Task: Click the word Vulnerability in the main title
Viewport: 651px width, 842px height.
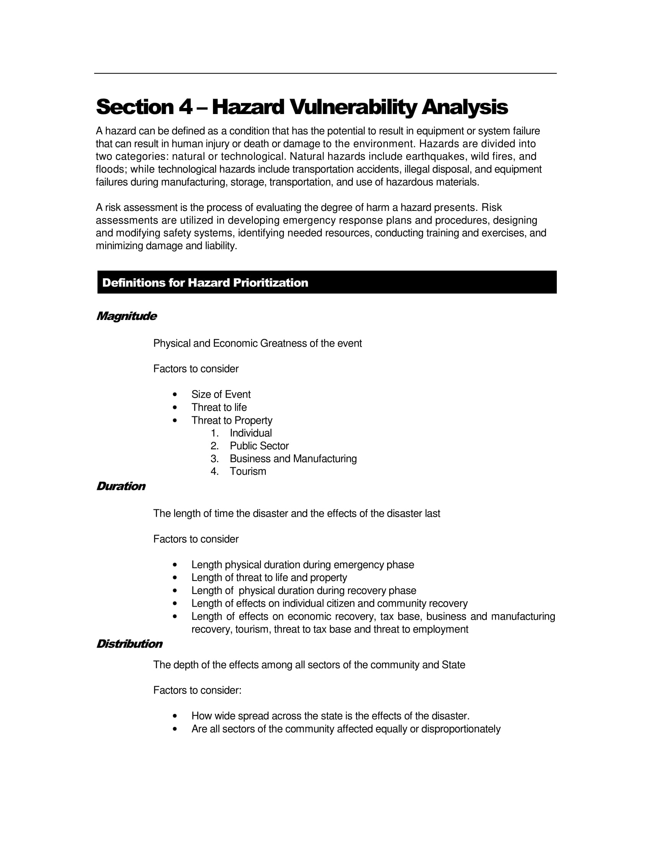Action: (x=353, y=107)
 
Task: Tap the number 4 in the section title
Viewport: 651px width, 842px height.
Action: (x=185, y=107)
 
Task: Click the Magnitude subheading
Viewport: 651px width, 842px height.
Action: (x=126, y=316)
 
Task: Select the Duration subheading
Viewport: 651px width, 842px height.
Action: (x=121, y=486)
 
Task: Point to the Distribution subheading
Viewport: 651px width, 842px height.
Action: (x=129, y=644)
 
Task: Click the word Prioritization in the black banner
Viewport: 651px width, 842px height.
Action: (x=270, y=282)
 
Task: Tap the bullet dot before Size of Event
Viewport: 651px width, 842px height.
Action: (x=175, y=394)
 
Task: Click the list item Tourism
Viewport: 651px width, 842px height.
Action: (x=248, y=471)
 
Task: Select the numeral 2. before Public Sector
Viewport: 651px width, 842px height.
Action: (x=214, y=445)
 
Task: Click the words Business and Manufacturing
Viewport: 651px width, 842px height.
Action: (x=293, y=459)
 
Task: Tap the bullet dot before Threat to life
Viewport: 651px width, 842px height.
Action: (x=175, y=408)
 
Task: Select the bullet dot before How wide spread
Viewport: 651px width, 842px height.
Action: (x=175, y=716)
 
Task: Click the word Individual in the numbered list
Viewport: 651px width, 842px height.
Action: (x=251, y=433)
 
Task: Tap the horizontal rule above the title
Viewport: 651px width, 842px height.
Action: (x=325, y=73)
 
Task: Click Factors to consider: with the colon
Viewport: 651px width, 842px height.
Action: (x=197, y=690)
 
